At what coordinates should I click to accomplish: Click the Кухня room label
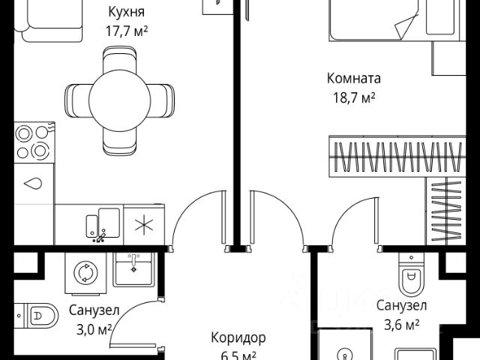[x=126, y=13]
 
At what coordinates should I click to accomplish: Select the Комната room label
[x=354, y=78]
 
